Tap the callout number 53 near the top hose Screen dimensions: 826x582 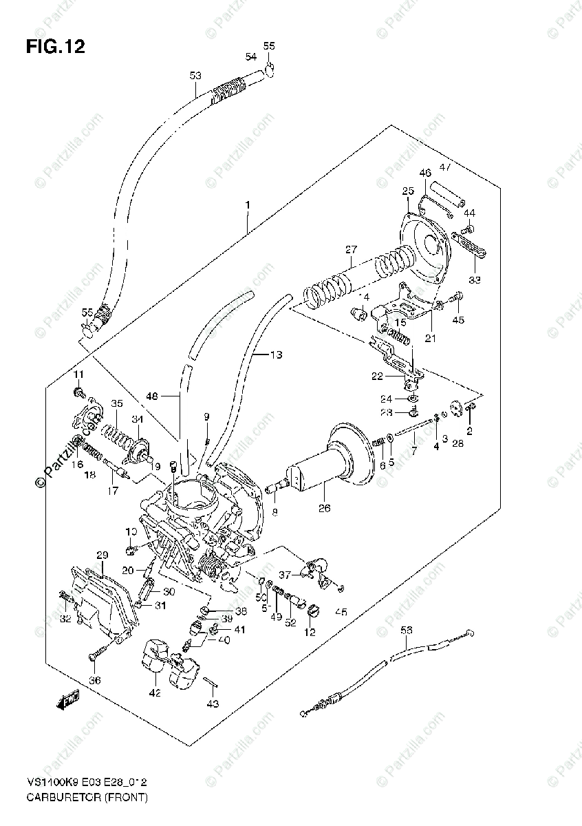click(x=195, y=76)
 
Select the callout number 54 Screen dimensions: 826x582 click(x=251, y=56)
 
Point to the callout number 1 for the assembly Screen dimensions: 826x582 click(x=247, y=206)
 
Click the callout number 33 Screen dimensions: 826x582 click(x=475, y=279)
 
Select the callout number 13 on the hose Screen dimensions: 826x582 click(x=276, y=355)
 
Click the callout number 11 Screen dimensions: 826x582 click(x=78, y=374)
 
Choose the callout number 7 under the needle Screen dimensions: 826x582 click(x=413, y=451)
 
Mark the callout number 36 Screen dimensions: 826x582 click(x=95, y=681)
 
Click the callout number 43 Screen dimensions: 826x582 click(x=213, y=703)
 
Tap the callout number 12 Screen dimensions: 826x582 click(x=310, y=632)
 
